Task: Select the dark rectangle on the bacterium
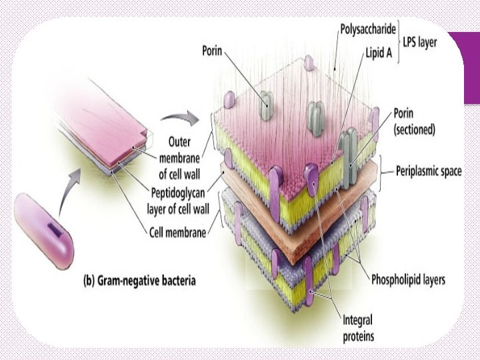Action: point(54,231)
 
